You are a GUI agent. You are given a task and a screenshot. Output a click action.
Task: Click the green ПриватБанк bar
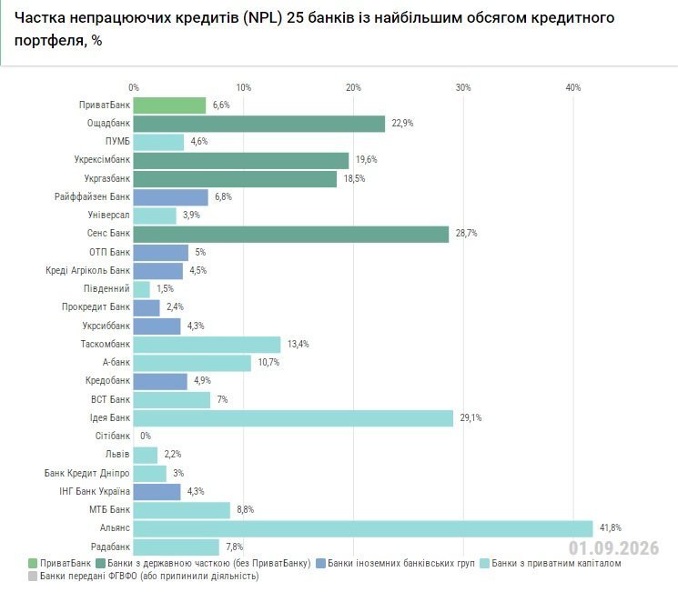(x=169, y=105)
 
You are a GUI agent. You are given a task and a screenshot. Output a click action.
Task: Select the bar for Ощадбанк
(x=259, y=124)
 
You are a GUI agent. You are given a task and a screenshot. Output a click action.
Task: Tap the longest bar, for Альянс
(x=363, y=528)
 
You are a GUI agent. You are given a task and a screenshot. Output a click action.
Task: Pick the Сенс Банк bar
(x=291, y=235)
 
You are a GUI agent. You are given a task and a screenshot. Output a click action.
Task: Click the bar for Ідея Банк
(x=293, y=418)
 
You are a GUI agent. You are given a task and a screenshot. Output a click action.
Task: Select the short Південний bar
(x=141, y=289)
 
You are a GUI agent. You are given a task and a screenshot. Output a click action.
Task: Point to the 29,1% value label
(x=471, y=418)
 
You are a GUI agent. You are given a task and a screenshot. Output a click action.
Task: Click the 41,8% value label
(x=610, y=527)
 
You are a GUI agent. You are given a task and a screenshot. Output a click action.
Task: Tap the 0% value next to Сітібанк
(x=146, y=436)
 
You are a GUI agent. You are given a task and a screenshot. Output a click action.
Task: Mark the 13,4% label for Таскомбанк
(x=298, y=344)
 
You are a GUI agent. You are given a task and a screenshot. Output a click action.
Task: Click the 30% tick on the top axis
(x=463, y=87)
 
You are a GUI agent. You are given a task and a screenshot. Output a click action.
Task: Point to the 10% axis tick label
(x=243, y=87)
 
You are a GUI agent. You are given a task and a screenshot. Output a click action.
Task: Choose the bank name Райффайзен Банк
(x=92, y=197)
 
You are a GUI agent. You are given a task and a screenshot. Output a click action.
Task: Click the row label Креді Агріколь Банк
(x=87, y=270)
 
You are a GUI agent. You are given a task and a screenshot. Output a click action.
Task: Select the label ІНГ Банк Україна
(x=95, y=491)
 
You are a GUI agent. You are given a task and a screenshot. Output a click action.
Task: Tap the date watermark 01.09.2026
(x=613, y=548)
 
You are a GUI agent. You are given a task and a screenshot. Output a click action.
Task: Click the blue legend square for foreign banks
(x=321, y=564)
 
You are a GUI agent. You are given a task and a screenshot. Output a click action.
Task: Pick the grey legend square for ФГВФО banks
(x=33, y=576)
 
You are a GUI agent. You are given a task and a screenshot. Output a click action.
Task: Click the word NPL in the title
(x=262, y=18)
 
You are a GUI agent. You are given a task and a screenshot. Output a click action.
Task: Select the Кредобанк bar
(x=160, y=382)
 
